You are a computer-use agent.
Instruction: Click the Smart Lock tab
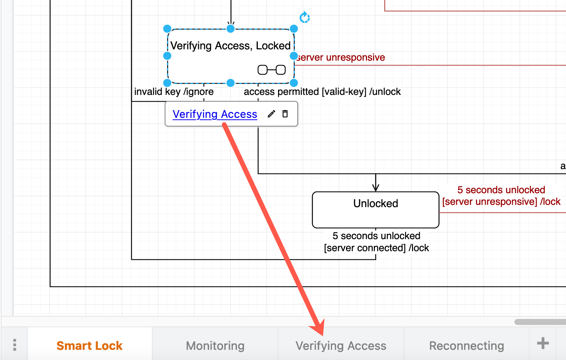(89, 345)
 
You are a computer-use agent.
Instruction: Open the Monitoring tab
(215, 345)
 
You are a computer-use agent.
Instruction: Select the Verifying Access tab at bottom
(341, 345)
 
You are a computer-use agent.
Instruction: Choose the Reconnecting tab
(466, 345)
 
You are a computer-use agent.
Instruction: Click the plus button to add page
(543, 343)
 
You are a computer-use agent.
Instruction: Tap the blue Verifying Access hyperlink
(215, 114)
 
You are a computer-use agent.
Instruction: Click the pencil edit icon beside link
(271, 114)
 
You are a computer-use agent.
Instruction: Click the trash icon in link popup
(285, 114)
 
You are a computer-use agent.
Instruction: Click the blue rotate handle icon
(304, 17)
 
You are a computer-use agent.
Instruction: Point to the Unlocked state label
(375, 203)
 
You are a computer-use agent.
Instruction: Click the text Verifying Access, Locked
(230, 46)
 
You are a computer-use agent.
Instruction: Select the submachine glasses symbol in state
(271, 70)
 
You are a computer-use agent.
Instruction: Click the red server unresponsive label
(341, 58)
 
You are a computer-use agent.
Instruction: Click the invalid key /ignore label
(174, 92)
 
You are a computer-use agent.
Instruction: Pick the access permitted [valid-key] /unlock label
(322, 92)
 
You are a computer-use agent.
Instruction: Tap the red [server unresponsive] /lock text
(501, 201)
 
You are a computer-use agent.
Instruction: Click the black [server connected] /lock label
(376, 248)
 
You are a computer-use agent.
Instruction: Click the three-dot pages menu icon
(14, 345)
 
